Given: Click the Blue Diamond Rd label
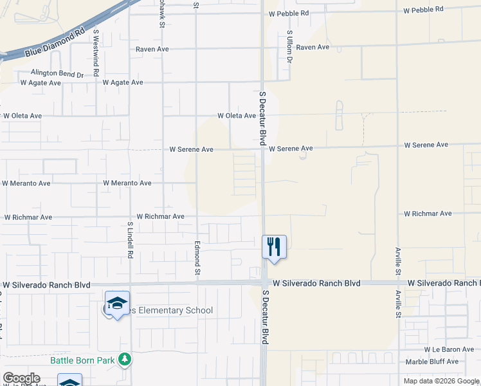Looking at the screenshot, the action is point(55,42).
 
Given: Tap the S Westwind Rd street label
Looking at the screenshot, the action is point(96,46).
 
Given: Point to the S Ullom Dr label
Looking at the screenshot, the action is point(289,46).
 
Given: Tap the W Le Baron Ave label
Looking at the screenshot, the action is point(449,350).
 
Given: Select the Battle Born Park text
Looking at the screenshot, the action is point(83,360).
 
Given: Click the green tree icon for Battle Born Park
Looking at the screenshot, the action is point(127,360).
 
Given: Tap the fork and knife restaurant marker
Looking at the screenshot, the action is point(274,246).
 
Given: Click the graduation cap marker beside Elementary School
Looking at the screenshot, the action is point(118,304).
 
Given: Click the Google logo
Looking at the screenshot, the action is point(21,378).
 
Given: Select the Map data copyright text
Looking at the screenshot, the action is point(441,381).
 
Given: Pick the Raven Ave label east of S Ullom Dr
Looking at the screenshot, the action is point(313,48).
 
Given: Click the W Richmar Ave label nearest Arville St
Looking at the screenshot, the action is point(428,214).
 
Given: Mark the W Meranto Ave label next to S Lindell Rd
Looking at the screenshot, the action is point(127,183).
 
